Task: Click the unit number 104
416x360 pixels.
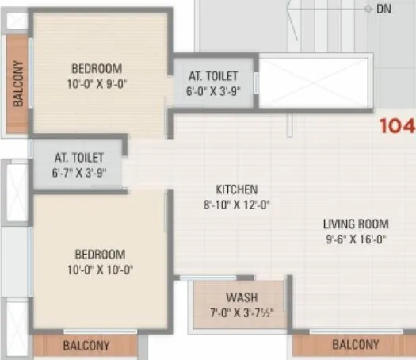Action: (x=397, y=126)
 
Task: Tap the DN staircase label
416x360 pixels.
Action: (x=384, y=9)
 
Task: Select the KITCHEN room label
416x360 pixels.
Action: (x=237, y=190)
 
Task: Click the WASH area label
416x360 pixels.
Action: (x=239, y=298)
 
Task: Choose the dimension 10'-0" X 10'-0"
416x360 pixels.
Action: (x=101, y=270)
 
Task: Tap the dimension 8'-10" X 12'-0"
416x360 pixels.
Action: (x=237, y=204)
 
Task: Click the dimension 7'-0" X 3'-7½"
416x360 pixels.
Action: (x=239, y=312)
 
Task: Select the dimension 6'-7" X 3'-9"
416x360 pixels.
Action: (x=80, y=172)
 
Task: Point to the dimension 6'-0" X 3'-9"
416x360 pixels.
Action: (x=213, y=90)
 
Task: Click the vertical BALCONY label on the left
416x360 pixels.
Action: (x=17, y=85)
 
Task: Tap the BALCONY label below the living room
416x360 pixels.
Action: (x=355, y=345)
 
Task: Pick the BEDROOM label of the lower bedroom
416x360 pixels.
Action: (x=101, y=255)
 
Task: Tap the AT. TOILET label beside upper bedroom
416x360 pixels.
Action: (x=213, y=76)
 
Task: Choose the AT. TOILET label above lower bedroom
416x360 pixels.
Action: (x=80, y=157)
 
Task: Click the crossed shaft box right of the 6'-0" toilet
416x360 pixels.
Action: (x=315, y=82)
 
